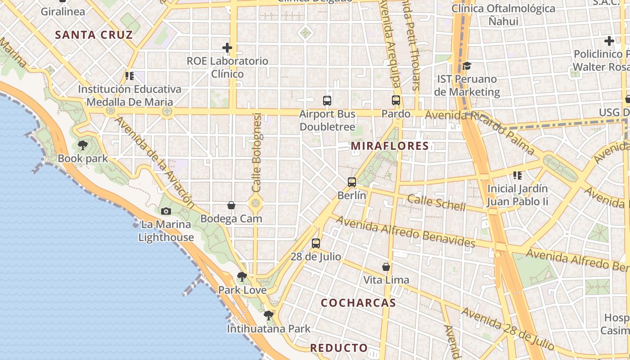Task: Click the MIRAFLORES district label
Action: tap(390, 146)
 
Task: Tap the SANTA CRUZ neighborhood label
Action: tap(94, 35)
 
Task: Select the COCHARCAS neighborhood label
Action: tap(358, 303)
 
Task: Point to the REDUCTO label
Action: tap(339, 348)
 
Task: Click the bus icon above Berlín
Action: tap(352, 182)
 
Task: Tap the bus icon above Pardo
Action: tap(396, 100)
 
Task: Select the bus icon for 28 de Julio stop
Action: tap(316, 243)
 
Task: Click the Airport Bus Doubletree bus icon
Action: tap(327, 101)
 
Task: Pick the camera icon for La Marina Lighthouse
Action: tap(166, 211)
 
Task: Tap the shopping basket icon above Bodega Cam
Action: tap(231, 206)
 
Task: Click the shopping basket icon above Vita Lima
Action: tap(386, 267)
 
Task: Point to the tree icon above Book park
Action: tap(82, 145)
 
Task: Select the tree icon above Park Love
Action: tap(242, 277)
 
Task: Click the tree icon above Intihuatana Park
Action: tap(269, 315)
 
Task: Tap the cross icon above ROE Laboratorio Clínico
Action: tap(227, 47)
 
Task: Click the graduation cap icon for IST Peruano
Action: tap(467, 66)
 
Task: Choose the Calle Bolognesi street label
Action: tap(256, 153)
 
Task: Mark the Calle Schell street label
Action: tap(436, 202)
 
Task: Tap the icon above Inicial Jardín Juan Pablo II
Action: tap(517, 175)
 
